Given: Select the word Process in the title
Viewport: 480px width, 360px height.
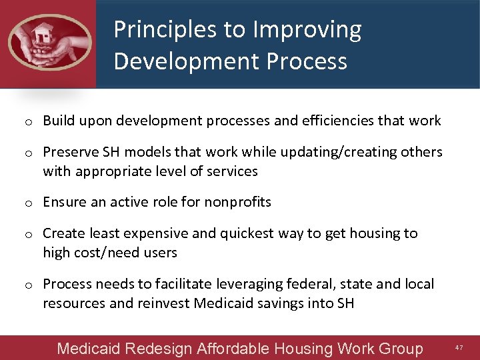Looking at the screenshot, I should coord(306,61).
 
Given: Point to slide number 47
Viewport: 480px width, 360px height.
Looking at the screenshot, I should coord(459,348).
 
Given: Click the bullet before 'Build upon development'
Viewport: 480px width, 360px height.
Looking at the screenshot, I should coord(29,121).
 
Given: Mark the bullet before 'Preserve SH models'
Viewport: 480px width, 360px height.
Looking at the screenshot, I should coord(29,153).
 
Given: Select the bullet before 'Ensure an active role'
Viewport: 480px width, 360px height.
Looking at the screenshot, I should coord(29,203).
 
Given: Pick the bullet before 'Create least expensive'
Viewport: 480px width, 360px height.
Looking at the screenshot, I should coord(29,234).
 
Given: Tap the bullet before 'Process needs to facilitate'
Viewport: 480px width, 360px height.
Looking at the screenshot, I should coord(29,285).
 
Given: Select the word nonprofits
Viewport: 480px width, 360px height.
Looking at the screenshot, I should coord(238,202).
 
